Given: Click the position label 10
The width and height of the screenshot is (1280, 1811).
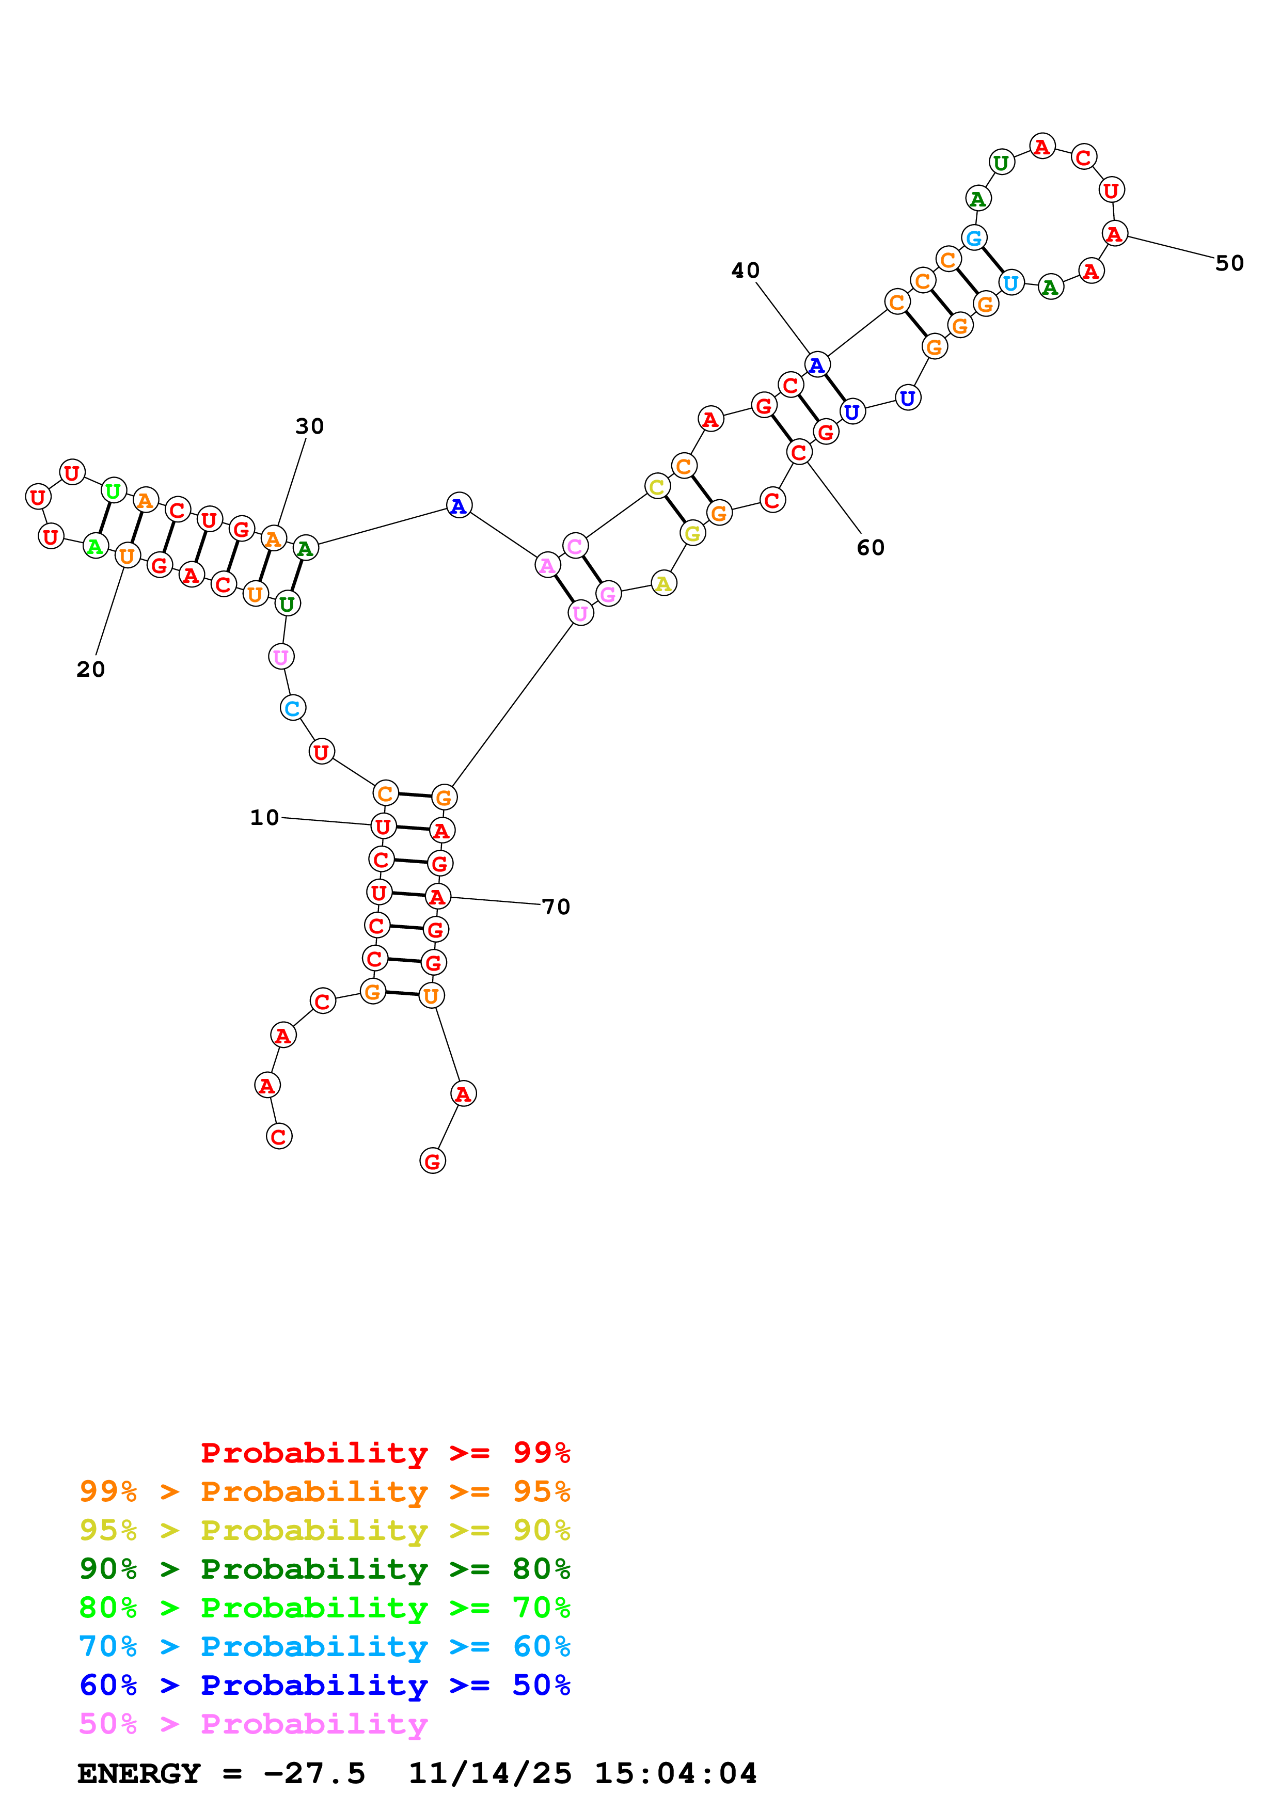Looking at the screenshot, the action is click(264, 817).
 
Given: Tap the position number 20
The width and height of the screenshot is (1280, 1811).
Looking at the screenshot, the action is click(91, 669).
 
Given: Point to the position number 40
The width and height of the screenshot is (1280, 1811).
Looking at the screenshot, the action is click(745, 271).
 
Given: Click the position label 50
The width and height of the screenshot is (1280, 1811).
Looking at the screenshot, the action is click(1229, 263).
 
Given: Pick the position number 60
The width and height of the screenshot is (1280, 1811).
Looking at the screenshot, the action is click(871, 547).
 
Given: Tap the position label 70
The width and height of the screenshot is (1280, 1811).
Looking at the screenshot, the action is click(556, 907).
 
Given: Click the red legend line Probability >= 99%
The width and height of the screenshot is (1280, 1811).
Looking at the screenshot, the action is click(385, 1452).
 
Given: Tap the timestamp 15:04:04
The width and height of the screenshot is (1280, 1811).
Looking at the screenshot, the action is click(675, 1773).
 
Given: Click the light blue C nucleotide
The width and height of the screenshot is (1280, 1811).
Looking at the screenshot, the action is click(293, 708).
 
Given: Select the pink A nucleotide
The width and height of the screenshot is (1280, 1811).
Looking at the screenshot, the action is click(547, 565).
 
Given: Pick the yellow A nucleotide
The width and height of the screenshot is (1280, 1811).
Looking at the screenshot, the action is click(663, 584).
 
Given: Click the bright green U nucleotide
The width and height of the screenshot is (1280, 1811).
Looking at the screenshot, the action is click(114, 491).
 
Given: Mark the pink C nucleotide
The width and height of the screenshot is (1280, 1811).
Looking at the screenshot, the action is click(575, 546).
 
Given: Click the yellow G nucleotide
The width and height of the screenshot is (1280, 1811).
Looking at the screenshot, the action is click(692, 534).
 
